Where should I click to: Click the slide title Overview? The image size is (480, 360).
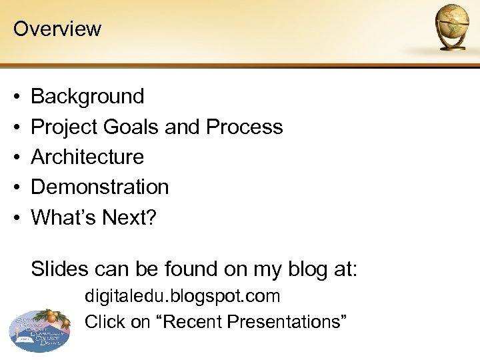click(57, 29)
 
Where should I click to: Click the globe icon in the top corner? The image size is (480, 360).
click(453, 27)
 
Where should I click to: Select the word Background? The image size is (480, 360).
click(87, 97)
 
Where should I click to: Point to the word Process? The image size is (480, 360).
click(245, 127)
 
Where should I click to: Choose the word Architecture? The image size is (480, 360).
click(87, 157)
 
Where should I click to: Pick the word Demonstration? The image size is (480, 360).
click(100, 187)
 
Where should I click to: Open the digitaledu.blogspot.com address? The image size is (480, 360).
click(182, 296)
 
